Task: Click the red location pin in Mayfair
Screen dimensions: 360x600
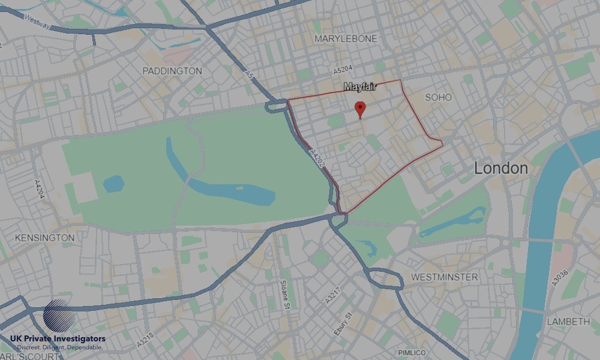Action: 360,109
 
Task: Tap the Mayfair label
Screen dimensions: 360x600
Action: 360,87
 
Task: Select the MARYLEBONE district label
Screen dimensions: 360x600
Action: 346,38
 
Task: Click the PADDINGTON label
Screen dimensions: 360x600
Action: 172,71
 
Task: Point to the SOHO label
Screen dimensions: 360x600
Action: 438,97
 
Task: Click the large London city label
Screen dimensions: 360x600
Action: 501,169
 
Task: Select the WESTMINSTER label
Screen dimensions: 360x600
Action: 445,277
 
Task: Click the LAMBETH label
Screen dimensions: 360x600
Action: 568,322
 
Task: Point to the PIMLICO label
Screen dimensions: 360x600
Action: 412,352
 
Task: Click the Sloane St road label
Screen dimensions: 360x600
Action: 286,295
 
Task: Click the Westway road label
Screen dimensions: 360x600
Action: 38,22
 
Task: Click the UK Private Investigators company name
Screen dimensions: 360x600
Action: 62,340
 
